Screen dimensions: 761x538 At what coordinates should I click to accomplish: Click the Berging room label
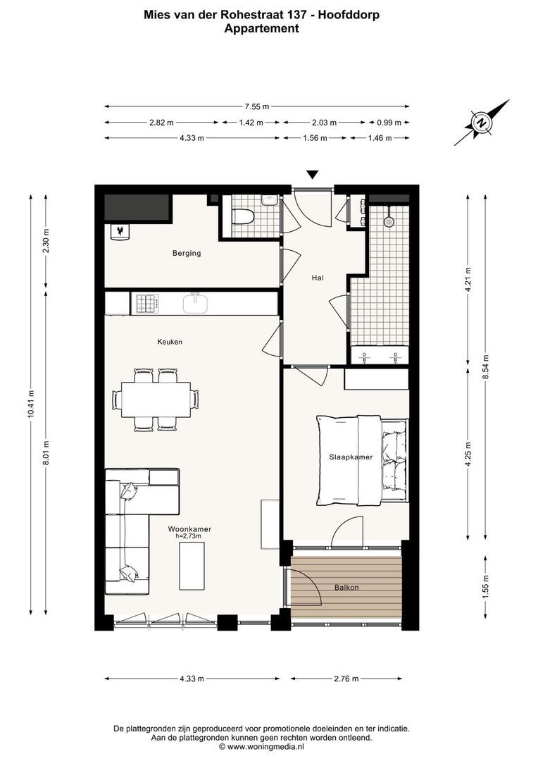pos(188,253)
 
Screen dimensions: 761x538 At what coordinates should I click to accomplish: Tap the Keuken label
pos(170,342)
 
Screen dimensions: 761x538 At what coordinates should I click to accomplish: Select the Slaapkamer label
pos(351,457)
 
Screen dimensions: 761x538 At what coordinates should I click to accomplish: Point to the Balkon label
pos(346,587)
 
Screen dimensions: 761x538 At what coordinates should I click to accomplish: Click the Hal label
pos(318,278)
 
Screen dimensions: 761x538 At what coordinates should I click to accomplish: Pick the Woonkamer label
pos(189,528)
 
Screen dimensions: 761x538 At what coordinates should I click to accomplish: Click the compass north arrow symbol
pos(482,122)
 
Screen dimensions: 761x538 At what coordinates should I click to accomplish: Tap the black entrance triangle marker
pos(313,175)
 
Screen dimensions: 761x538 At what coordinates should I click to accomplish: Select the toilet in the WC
pos(243,217)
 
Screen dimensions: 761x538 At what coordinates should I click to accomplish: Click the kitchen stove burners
pos(146,304)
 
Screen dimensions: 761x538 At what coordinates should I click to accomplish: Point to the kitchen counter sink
pos(196,303)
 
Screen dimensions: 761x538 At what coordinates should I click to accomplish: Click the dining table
pos(156,400)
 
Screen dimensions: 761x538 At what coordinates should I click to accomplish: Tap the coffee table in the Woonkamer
pos(192,567)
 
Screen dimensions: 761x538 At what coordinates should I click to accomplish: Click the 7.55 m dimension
pos(256,107)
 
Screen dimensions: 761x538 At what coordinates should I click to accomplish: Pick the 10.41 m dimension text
pos(31,406)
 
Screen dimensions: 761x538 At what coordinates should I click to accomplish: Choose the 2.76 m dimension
pos(346,679)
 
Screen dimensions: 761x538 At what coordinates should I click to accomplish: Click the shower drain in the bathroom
pos(388,221)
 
